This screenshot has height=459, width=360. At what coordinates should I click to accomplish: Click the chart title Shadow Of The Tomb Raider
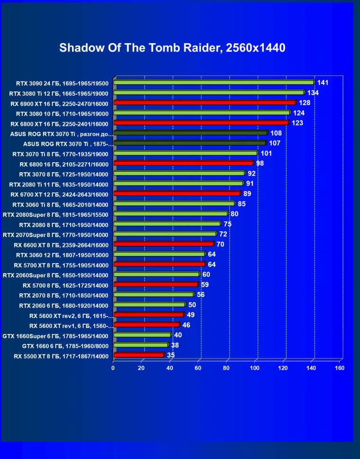click(172, 48)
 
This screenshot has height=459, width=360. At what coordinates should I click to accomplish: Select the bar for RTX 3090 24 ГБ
click(213, 82)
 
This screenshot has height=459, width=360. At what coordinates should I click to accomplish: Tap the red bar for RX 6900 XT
click(204, 103)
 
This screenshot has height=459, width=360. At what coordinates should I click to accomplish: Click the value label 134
click(313, 93)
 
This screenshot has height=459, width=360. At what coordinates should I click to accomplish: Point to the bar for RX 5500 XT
click(138, 355)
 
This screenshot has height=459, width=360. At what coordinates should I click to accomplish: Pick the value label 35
click(171, 355)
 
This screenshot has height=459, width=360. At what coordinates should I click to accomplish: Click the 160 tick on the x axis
click(339, 368)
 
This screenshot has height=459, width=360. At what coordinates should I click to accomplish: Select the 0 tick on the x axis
click(113, 368)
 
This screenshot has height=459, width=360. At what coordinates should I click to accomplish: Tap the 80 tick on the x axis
click(226, 368)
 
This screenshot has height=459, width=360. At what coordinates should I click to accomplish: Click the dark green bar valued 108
click(190, 133)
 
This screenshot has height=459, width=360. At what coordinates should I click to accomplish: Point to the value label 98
click(260, 163)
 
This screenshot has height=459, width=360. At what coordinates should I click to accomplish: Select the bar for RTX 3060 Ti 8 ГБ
click(174, 204)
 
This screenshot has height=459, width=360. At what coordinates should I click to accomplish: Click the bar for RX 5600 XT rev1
click(146, 325)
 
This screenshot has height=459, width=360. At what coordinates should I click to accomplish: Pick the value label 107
click(275, 143)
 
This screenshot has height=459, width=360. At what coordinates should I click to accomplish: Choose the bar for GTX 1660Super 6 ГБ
click(142, 335)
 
